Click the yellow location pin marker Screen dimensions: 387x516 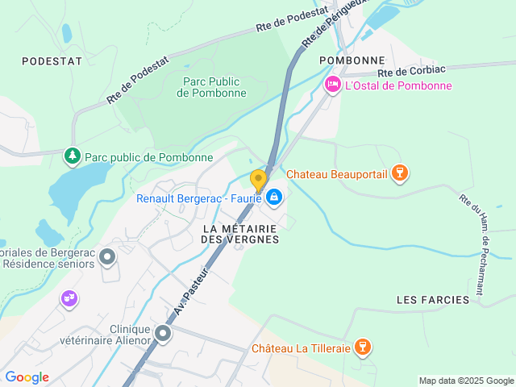point(258,180)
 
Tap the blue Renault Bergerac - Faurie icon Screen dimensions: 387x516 point(274,197)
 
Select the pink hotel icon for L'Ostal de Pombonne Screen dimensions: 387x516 point(332,85)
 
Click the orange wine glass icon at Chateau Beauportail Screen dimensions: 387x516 point(397,173)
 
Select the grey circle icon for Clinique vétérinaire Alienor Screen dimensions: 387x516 point(164,333)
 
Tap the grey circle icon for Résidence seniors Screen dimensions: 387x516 point(107,257)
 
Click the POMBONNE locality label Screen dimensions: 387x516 point(352,60)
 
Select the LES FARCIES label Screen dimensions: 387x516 point(433,300)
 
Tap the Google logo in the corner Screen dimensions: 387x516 point(27,377)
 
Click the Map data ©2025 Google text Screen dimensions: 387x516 point(466,381)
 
